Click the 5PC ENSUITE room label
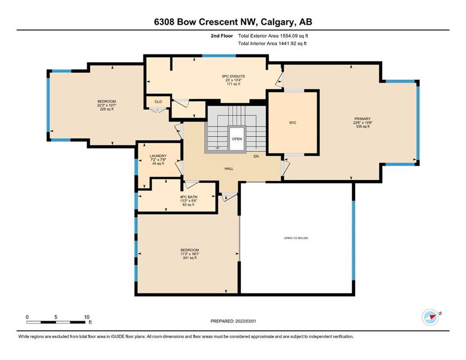pos(234,76)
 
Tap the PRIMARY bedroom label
pos(362,119)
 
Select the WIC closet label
pos(293,123)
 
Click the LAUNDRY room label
pos(158,156)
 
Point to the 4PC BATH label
pos(189,197)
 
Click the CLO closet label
pos(158,102)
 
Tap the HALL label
pos(229,169)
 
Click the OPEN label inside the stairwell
pos(237,139)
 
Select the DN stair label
pos(256,156)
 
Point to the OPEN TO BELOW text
pos(296,238)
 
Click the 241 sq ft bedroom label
pos(190,258)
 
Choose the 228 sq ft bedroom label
pos(107,109)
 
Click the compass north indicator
pos(431,317)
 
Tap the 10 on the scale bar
pos(87,317)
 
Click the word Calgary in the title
pos(279,22)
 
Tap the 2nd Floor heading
pos(222,36)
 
